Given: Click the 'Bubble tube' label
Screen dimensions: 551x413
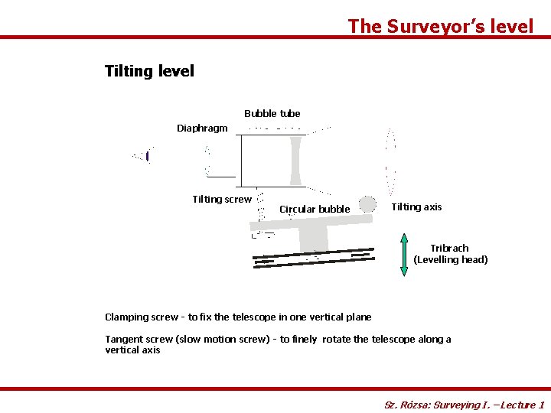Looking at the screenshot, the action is point(272,113).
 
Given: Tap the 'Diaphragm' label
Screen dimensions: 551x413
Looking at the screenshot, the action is point(202,128).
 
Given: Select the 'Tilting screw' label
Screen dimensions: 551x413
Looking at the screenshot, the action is point(221,199).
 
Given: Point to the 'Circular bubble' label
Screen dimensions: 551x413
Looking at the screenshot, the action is point(315,209).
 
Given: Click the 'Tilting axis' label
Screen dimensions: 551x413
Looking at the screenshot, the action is point(416,206).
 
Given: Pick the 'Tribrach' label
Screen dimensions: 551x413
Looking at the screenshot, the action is point(449,248).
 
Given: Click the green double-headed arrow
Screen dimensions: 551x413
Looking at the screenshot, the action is point(405,254).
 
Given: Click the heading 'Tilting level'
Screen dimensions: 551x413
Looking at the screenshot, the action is point(149,71).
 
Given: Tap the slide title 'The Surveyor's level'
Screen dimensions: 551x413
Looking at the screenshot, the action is point(440,26).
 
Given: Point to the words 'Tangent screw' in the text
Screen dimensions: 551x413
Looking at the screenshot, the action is point(139,339).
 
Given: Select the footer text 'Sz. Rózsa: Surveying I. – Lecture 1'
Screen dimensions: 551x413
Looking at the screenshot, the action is point(464,405).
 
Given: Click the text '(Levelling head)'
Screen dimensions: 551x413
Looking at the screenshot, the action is point(450,260).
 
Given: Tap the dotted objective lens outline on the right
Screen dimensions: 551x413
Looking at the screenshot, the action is point(391,161).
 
